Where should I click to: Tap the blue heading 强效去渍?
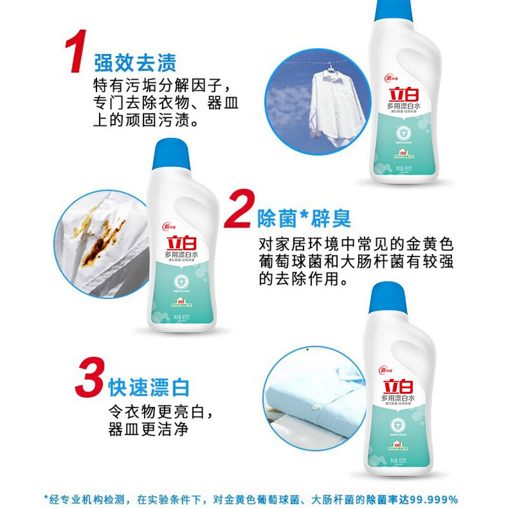135,62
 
